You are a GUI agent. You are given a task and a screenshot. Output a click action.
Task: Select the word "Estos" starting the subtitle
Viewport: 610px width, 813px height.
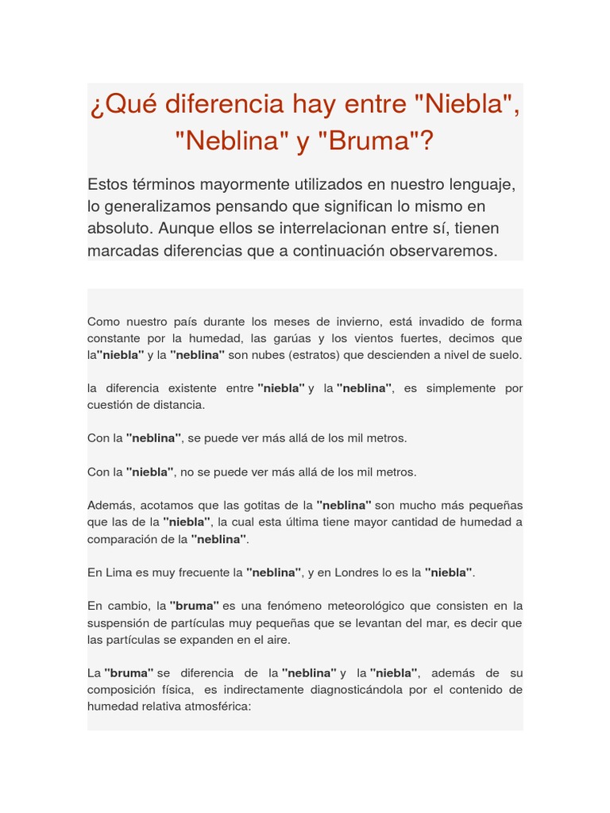coord(108,184)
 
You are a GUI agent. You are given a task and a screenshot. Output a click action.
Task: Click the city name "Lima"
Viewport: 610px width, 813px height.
coord(121,572)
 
